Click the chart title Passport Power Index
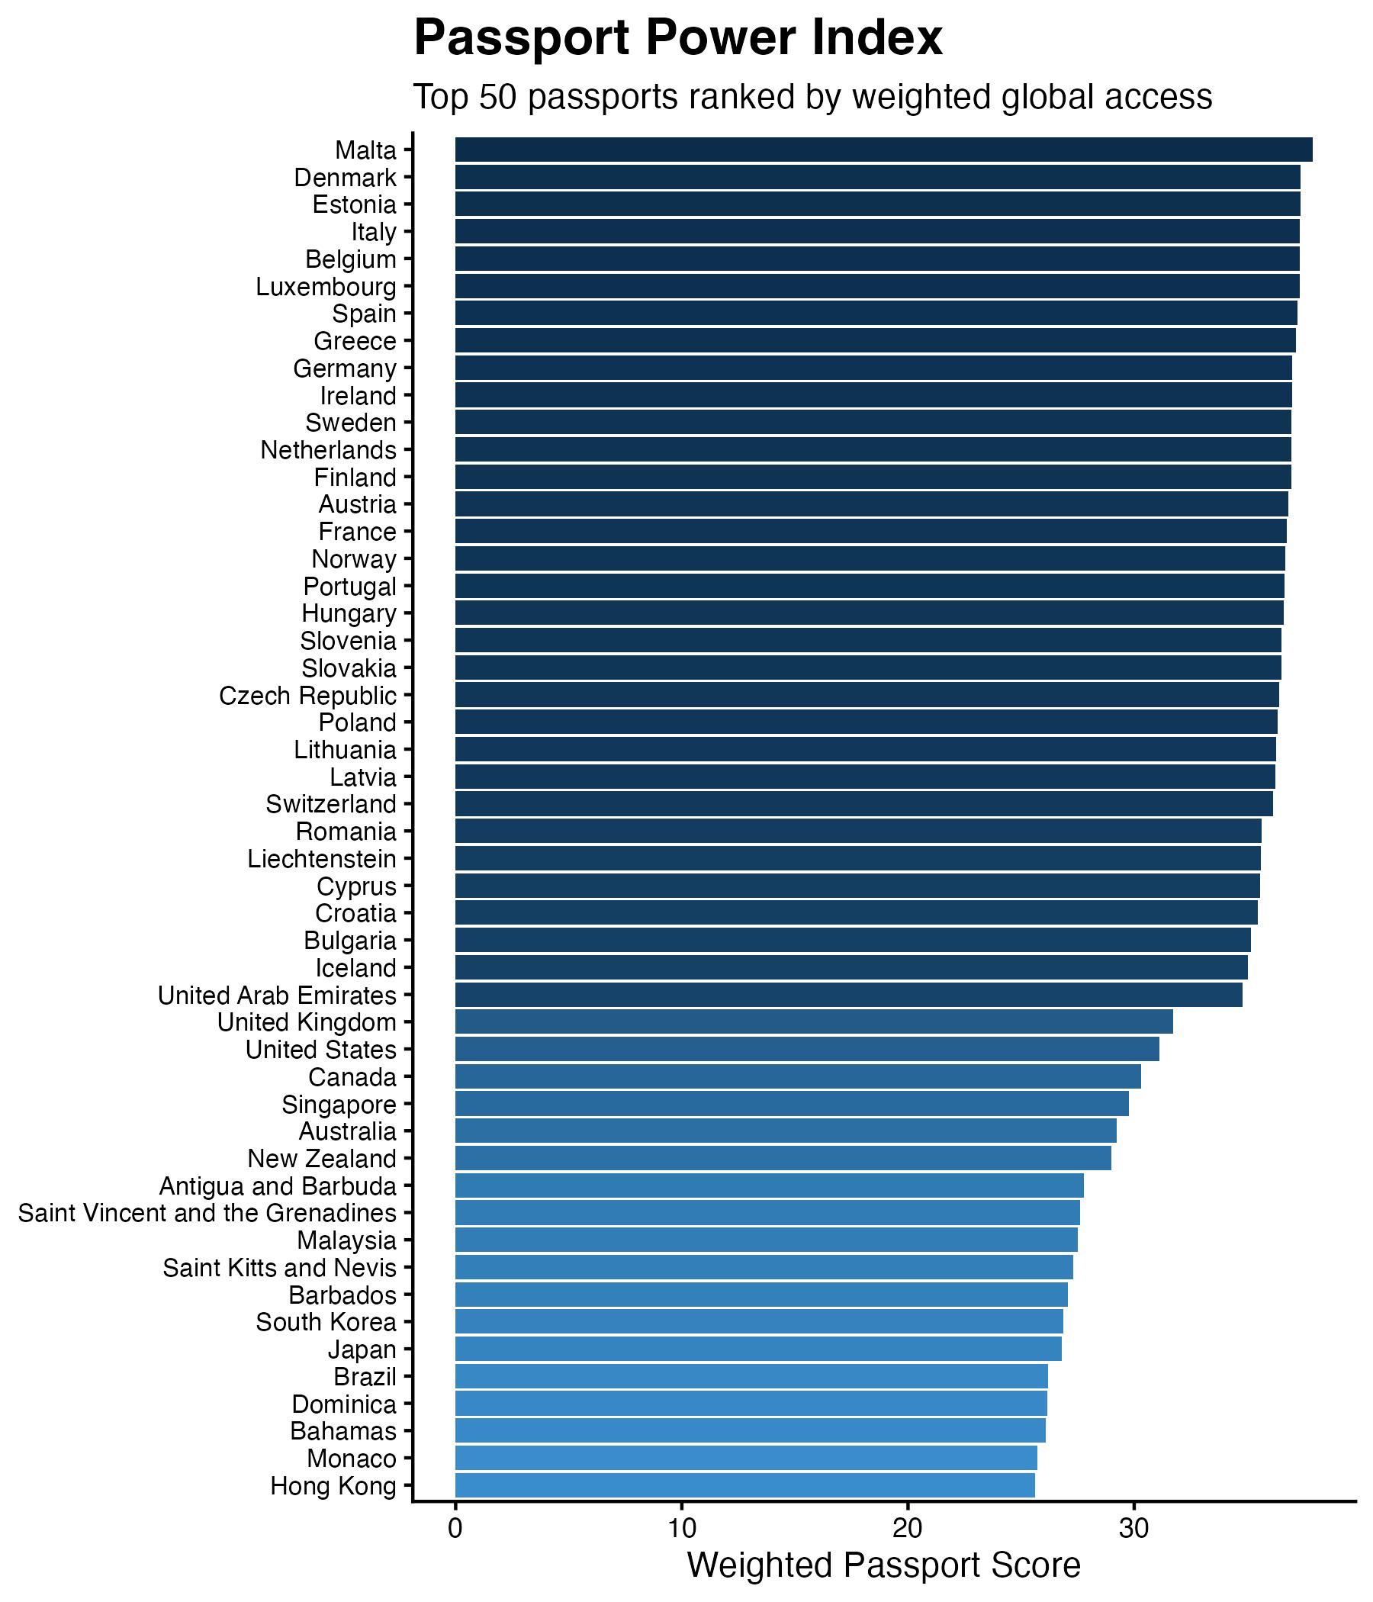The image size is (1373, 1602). click(678, 39)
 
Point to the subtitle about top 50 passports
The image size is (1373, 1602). click(812, 98)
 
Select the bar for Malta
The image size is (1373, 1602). click(883, 150)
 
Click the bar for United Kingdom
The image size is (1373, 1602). click(813, 1022)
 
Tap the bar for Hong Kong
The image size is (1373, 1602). click(744, 1486)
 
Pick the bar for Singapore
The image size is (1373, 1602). click(792, 1104)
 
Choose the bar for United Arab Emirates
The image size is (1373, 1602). click(848, 995)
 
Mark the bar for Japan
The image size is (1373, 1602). click(757, 1349)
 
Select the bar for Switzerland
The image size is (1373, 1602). click(863, 804)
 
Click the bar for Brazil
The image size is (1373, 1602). click(751, 1377)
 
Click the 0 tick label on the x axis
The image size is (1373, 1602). click(455, 1529)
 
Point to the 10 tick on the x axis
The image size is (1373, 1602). click(681, 1529)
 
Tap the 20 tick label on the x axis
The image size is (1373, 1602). click(907, 1529)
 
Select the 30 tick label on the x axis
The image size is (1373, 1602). click(1133, 1529)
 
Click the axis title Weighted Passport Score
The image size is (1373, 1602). click(883, 1565)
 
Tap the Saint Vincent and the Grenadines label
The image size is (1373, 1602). click(207, 1213)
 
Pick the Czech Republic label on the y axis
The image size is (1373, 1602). click(307, 696)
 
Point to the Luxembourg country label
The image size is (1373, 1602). click(326, 287)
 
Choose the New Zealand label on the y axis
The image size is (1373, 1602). click(322, 1159)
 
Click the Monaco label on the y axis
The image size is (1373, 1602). click(351, 1459)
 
